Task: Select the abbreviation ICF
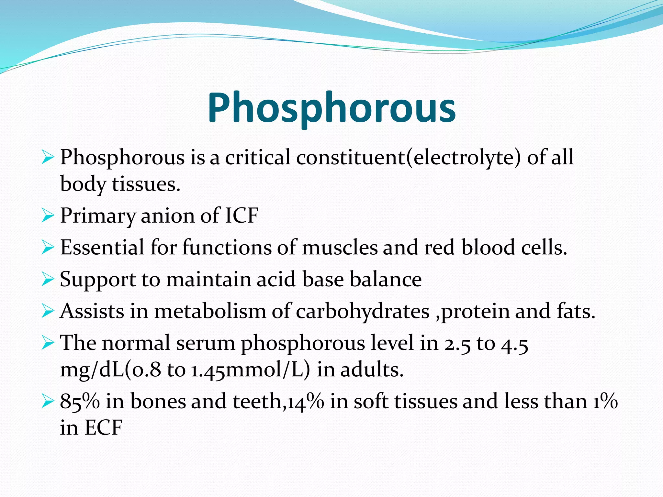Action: click(x=242, y=215)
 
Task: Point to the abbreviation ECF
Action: click(x=103, y=428)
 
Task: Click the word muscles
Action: click(x=340, y=248)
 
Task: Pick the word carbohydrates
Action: click(x=363, y=311)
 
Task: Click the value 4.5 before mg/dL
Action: click(x=515, y=344)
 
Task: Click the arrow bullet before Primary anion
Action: click(x=48, y=216)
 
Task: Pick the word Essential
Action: click(x=102, y=248)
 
